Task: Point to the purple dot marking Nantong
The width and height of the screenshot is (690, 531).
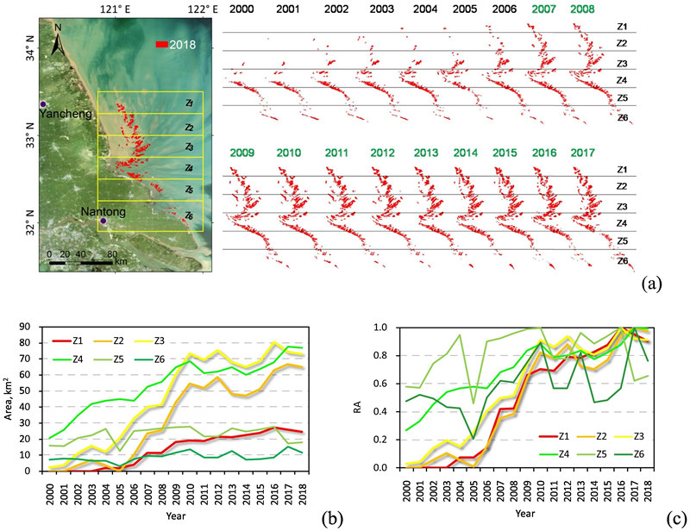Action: [103, 222]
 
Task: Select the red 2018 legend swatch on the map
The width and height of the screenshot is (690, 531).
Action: [162, 44]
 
